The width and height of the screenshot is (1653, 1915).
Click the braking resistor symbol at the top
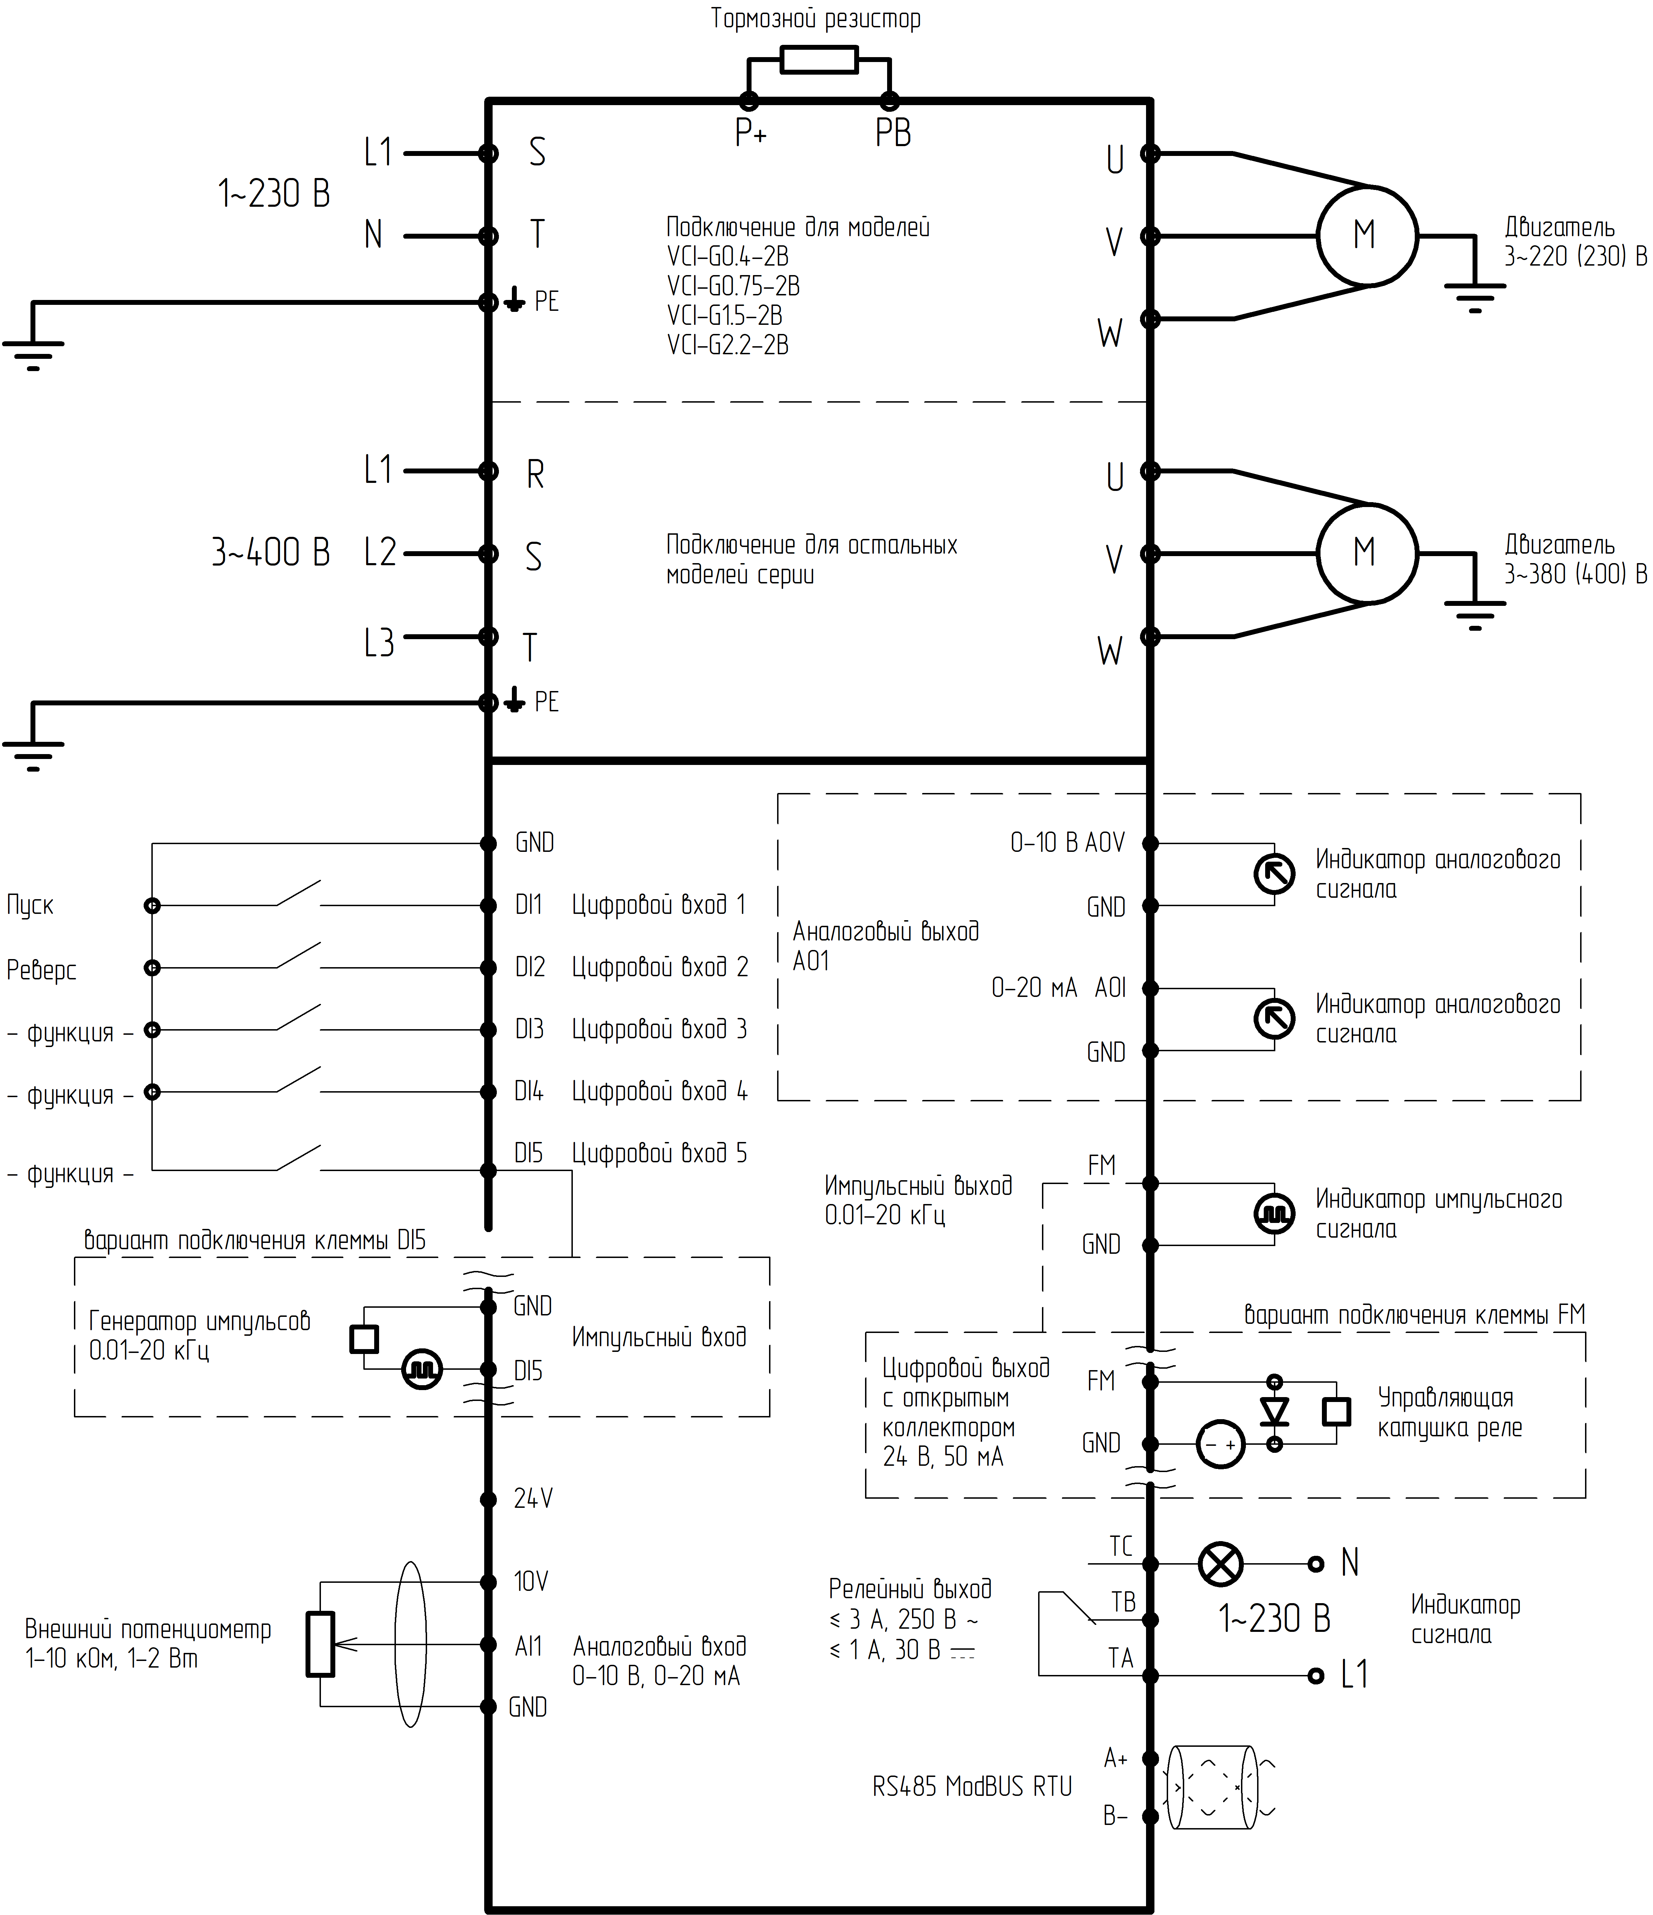819,60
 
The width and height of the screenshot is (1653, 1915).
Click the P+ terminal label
750,134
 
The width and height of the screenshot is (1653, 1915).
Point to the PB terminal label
893,134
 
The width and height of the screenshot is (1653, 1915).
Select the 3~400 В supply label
271,553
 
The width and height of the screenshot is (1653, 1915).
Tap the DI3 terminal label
529,1030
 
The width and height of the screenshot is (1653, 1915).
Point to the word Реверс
42,970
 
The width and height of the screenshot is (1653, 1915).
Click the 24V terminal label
533,1499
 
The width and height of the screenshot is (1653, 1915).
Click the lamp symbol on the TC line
1221,1564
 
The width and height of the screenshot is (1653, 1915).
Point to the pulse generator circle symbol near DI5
422,1369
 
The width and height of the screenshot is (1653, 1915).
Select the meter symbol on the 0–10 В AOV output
1274,873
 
